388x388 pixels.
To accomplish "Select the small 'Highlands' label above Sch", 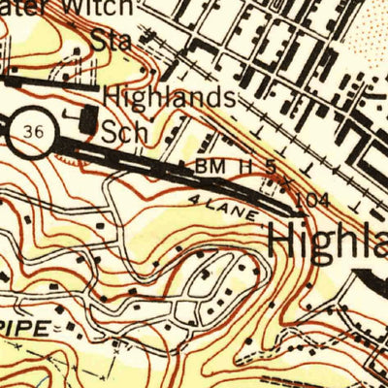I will tap(167, 98).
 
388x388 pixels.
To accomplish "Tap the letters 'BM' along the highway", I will tap(210, 167).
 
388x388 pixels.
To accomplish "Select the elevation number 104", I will tap(304, 198).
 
